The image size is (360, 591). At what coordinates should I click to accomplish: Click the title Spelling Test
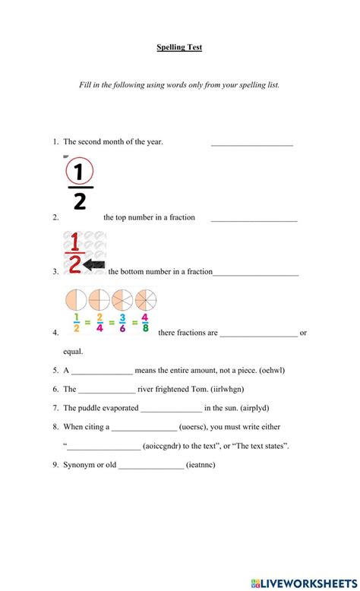(179, 47)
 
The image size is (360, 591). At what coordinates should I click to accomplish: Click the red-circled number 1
(80, 170)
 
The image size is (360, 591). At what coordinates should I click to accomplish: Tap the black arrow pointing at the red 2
(94, 264)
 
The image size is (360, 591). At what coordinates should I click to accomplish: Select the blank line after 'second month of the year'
(251, 144)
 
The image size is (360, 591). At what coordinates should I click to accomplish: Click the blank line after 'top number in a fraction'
(254, 220)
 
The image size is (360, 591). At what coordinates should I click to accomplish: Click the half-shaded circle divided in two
(77, 299)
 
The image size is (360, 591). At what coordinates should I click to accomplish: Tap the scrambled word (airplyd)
(259, 408)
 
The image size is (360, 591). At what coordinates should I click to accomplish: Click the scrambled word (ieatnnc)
(201, 465)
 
